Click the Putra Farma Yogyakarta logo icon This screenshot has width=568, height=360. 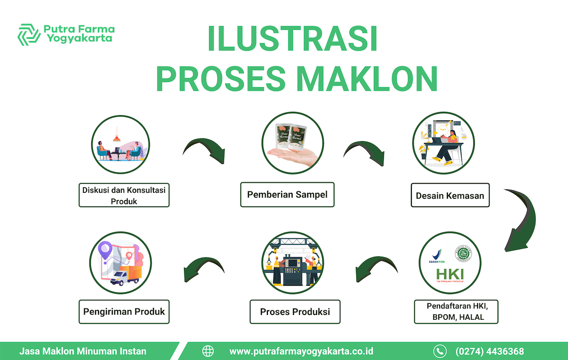click(29, 34)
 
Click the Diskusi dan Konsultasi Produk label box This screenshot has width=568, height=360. click(124, 195)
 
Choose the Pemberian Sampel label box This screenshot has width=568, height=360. click(287, 194)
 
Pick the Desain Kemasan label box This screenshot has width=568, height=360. click(450, 195)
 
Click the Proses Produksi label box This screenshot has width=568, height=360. click(295, 312)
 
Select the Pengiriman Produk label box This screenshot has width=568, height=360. click(124, 311)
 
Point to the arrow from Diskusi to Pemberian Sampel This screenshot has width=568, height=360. click(203, 150)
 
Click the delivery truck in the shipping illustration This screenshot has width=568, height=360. click(124, 277)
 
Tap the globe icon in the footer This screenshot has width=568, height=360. click(208, 351)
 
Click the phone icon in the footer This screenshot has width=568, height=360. click(440, 351)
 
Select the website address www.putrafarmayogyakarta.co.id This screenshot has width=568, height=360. click(302, 351)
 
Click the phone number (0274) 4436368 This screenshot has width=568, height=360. click(489, 351)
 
